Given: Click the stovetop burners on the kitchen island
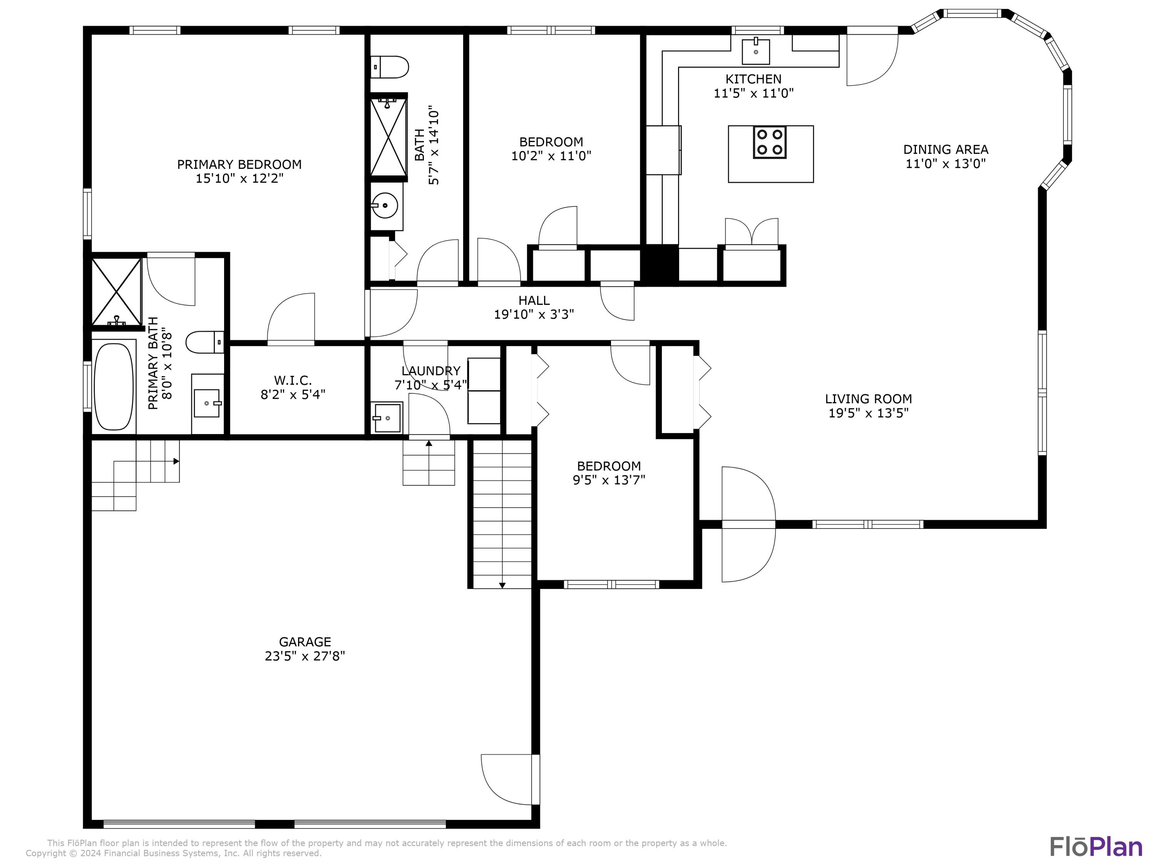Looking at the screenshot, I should click(x=769, y=142).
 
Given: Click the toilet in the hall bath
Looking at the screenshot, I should click(x=390, y=67).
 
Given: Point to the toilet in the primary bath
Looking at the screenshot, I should click(x=205, y=343).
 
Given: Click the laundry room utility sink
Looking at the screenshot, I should click(x=387, y=418).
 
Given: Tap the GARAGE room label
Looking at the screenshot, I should click(x=305, y=642).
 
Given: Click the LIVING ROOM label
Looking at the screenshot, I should click(x=868, y=399).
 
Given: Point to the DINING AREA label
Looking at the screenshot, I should click(x=945, y=149).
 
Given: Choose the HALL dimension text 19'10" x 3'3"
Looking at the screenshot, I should click(x=534, y=314).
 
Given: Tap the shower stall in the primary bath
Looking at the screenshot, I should click(x=116, y=292).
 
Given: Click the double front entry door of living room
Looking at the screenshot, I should click(x=748, y=524).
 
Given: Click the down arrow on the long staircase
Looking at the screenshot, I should click(x=502, y=585).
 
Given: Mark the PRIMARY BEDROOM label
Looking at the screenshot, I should click(x=239, y=164).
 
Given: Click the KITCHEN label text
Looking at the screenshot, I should click(x=753, y=79).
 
